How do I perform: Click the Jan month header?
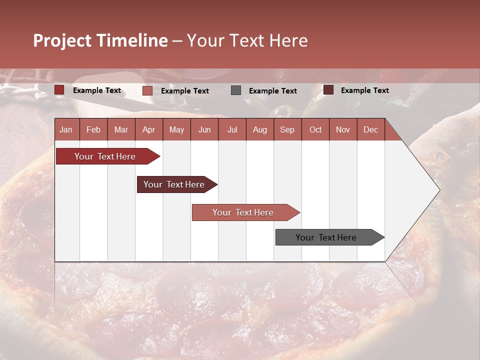66,129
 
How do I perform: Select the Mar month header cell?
121,129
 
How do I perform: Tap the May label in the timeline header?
176,129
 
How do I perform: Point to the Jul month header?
232,129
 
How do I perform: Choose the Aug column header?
259,129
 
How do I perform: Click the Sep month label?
287,129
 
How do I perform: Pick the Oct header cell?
315,129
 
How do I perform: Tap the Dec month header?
370,129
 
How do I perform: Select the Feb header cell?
93,129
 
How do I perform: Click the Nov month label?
342,129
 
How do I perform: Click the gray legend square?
236,90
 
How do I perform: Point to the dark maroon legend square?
328,90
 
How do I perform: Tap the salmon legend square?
147,90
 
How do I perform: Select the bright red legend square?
59,90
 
